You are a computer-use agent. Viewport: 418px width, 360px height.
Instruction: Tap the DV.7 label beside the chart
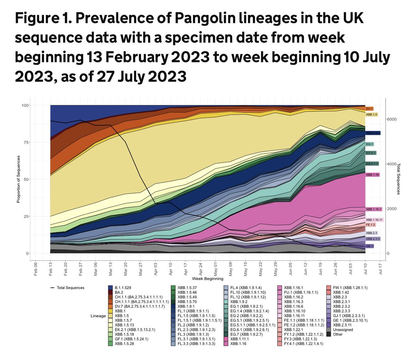[x=369, y=109]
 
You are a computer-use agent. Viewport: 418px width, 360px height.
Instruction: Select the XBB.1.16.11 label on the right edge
[x=374, y=220]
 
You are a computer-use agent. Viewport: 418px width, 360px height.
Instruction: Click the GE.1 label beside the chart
[x=370, y=246]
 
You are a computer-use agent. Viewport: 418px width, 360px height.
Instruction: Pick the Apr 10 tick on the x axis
[x=171, y=268]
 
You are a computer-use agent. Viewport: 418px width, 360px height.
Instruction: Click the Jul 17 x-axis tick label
[x=380, y=268]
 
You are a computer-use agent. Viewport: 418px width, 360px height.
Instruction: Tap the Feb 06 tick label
[x=36, y=268]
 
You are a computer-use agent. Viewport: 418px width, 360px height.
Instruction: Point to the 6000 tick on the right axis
[x=392, y=119]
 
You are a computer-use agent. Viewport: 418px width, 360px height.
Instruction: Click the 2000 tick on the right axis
[x=392, y=209]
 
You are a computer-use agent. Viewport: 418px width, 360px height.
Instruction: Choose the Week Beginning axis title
[x=207, y=279]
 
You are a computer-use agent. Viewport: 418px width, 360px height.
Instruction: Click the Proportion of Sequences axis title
[x=19, y=179]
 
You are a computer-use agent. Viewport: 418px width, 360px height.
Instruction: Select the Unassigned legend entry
[x=342, y=330]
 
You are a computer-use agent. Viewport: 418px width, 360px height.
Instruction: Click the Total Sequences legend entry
[x=68, y=288]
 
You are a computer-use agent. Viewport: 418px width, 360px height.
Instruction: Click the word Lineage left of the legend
[x=98, y=316]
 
